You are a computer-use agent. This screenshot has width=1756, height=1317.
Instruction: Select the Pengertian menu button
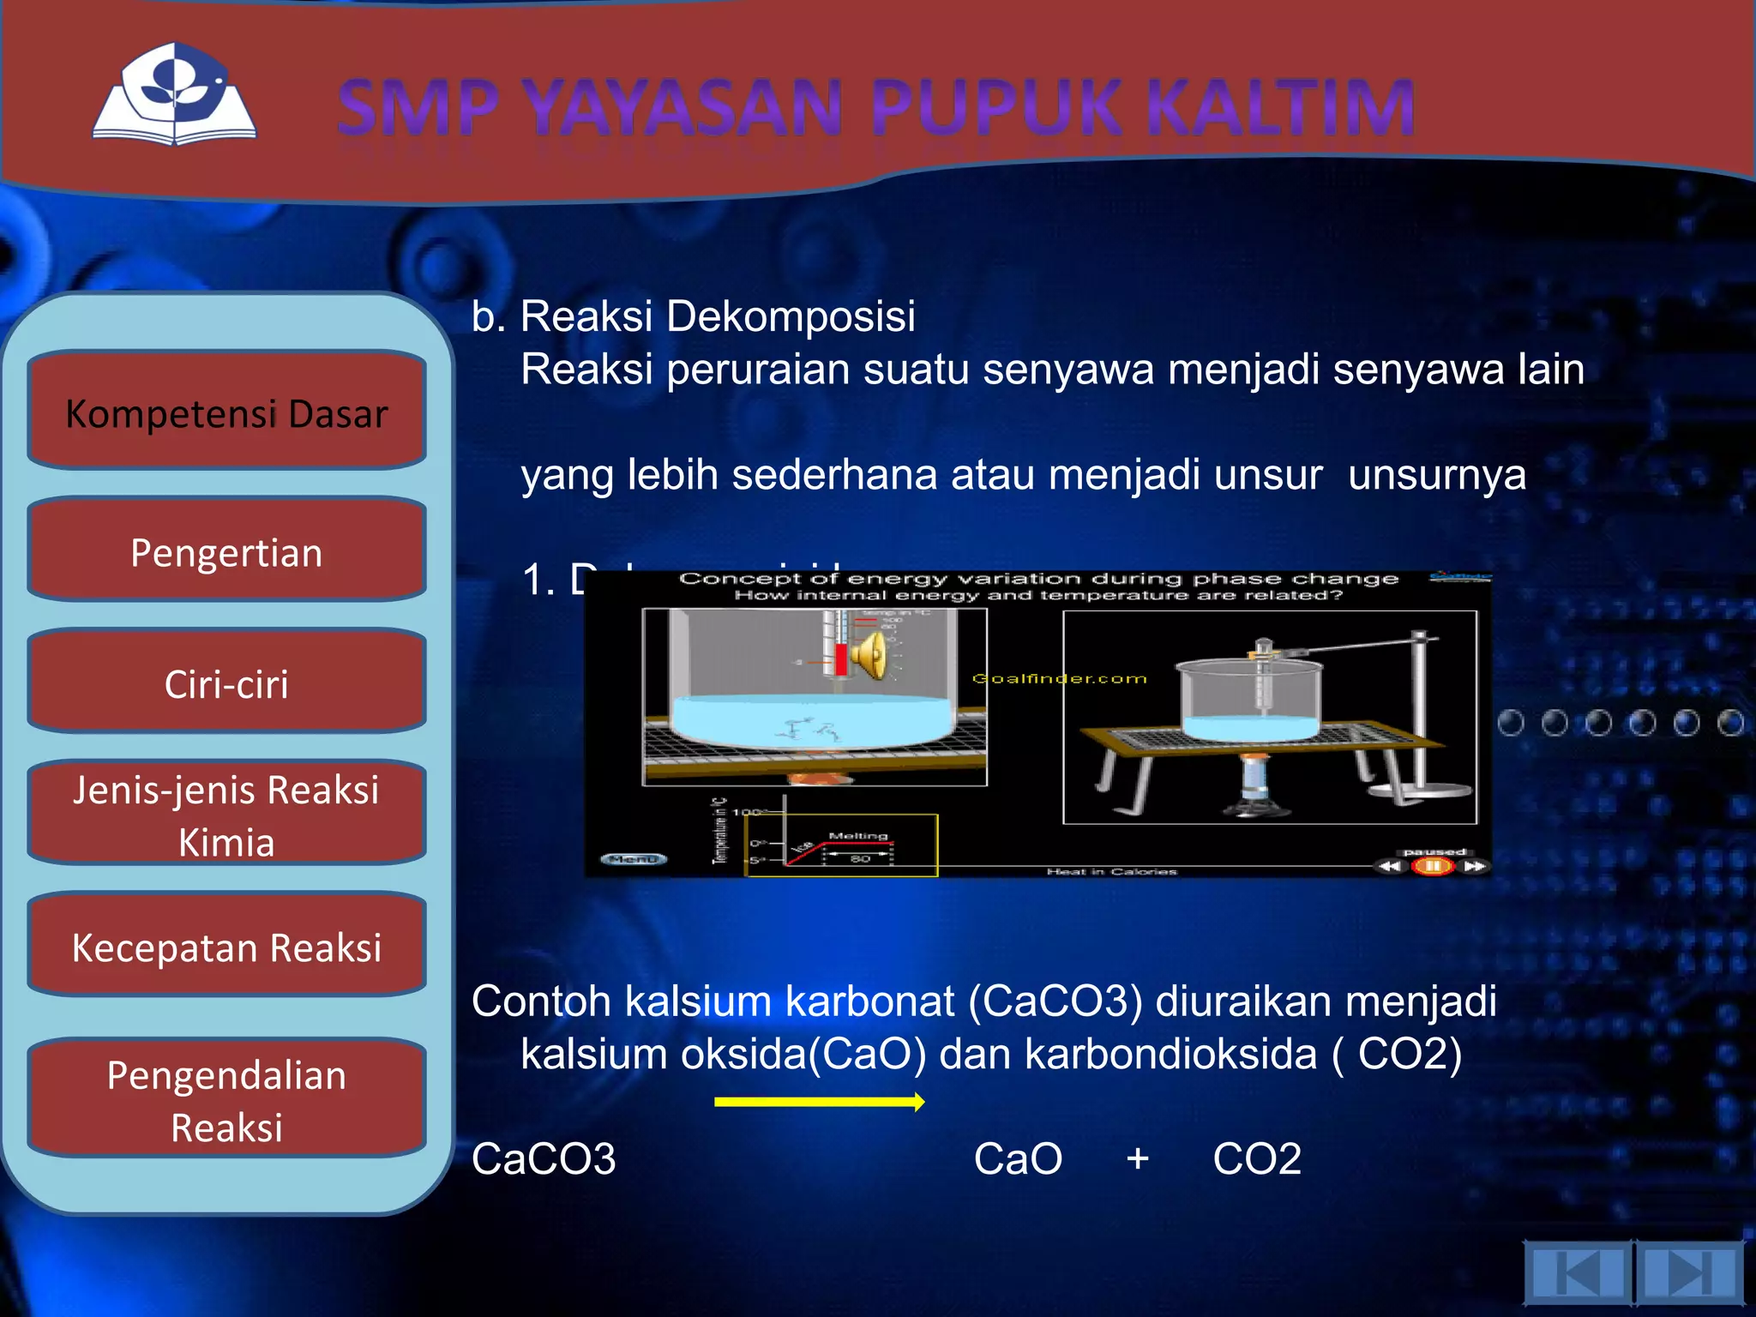pyautogui.click(x=226, y=550)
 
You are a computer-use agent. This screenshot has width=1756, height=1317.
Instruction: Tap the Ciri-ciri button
pyautogui.click(x=226, y=683)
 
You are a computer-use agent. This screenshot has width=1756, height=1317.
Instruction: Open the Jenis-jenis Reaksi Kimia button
pyautogui.click(x=226, y=814)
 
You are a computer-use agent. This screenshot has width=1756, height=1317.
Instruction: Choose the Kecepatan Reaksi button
pyautogui.click(x=226, y=946)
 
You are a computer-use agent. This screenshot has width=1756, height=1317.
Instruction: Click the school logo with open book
pyautogui.click(x=175, y=96)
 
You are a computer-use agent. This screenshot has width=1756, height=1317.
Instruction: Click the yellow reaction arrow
pyautogui.click(x=819, y=1102)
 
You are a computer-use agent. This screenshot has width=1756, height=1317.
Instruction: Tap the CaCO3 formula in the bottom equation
pyautogui.click(x=544, y=1159)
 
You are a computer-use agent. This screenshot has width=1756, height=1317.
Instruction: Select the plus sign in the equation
pyautogui.click(x=1137, y=1159)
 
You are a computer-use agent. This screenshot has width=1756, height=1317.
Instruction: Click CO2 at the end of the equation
pyautogui.click(x=1256, y=1159)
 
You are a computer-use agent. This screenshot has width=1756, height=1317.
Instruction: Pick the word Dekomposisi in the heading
pyautogui.click(x=790, y=316)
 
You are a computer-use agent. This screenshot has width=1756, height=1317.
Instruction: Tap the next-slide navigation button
pyautogui.click(x=1689, y=1272)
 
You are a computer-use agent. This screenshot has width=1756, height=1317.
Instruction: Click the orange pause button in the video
pyautogui.click(x=1432, y=866)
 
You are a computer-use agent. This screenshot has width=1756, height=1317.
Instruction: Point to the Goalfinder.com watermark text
pyautogui.click(x=1059, y=678)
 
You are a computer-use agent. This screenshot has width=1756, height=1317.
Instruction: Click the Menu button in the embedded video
pyautogui.click(x=633, y=858)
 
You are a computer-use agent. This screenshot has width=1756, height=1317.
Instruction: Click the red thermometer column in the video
pyautogui.click(x=840, y=658)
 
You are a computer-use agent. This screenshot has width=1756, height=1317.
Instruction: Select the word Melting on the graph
pyautogui.click(x=857, y=835)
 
